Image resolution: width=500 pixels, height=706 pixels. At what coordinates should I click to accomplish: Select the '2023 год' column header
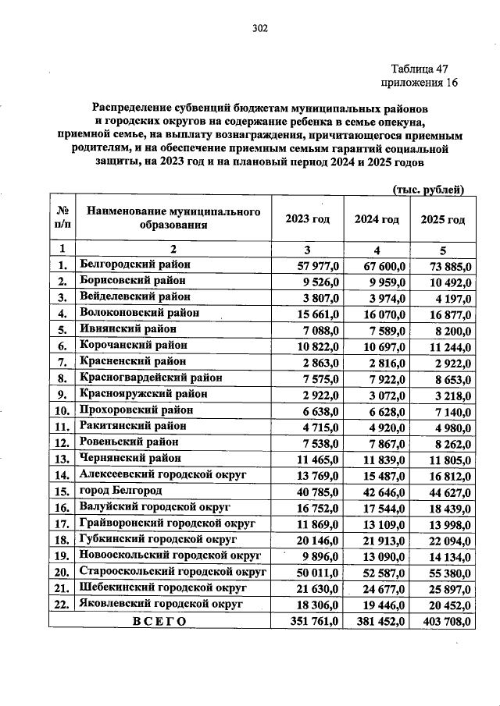[308, 219]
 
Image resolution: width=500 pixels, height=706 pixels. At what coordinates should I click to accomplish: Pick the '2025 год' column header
[443, 219]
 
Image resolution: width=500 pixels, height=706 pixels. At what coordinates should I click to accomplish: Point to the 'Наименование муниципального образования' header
[173, 219]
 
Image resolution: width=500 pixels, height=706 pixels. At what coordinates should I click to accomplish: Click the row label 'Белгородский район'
[135, 265]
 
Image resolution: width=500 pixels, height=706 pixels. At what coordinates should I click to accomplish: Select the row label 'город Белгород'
[120, 491]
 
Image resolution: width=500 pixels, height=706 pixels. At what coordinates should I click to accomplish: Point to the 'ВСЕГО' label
[159, 621]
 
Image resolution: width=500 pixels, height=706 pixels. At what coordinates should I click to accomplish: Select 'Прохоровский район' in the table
[133, 410]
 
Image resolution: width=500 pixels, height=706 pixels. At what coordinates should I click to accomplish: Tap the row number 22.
[60, 605]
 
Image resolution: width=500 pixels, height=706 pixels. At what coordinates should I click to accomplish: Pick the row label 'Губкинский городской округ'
[158, 539]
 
